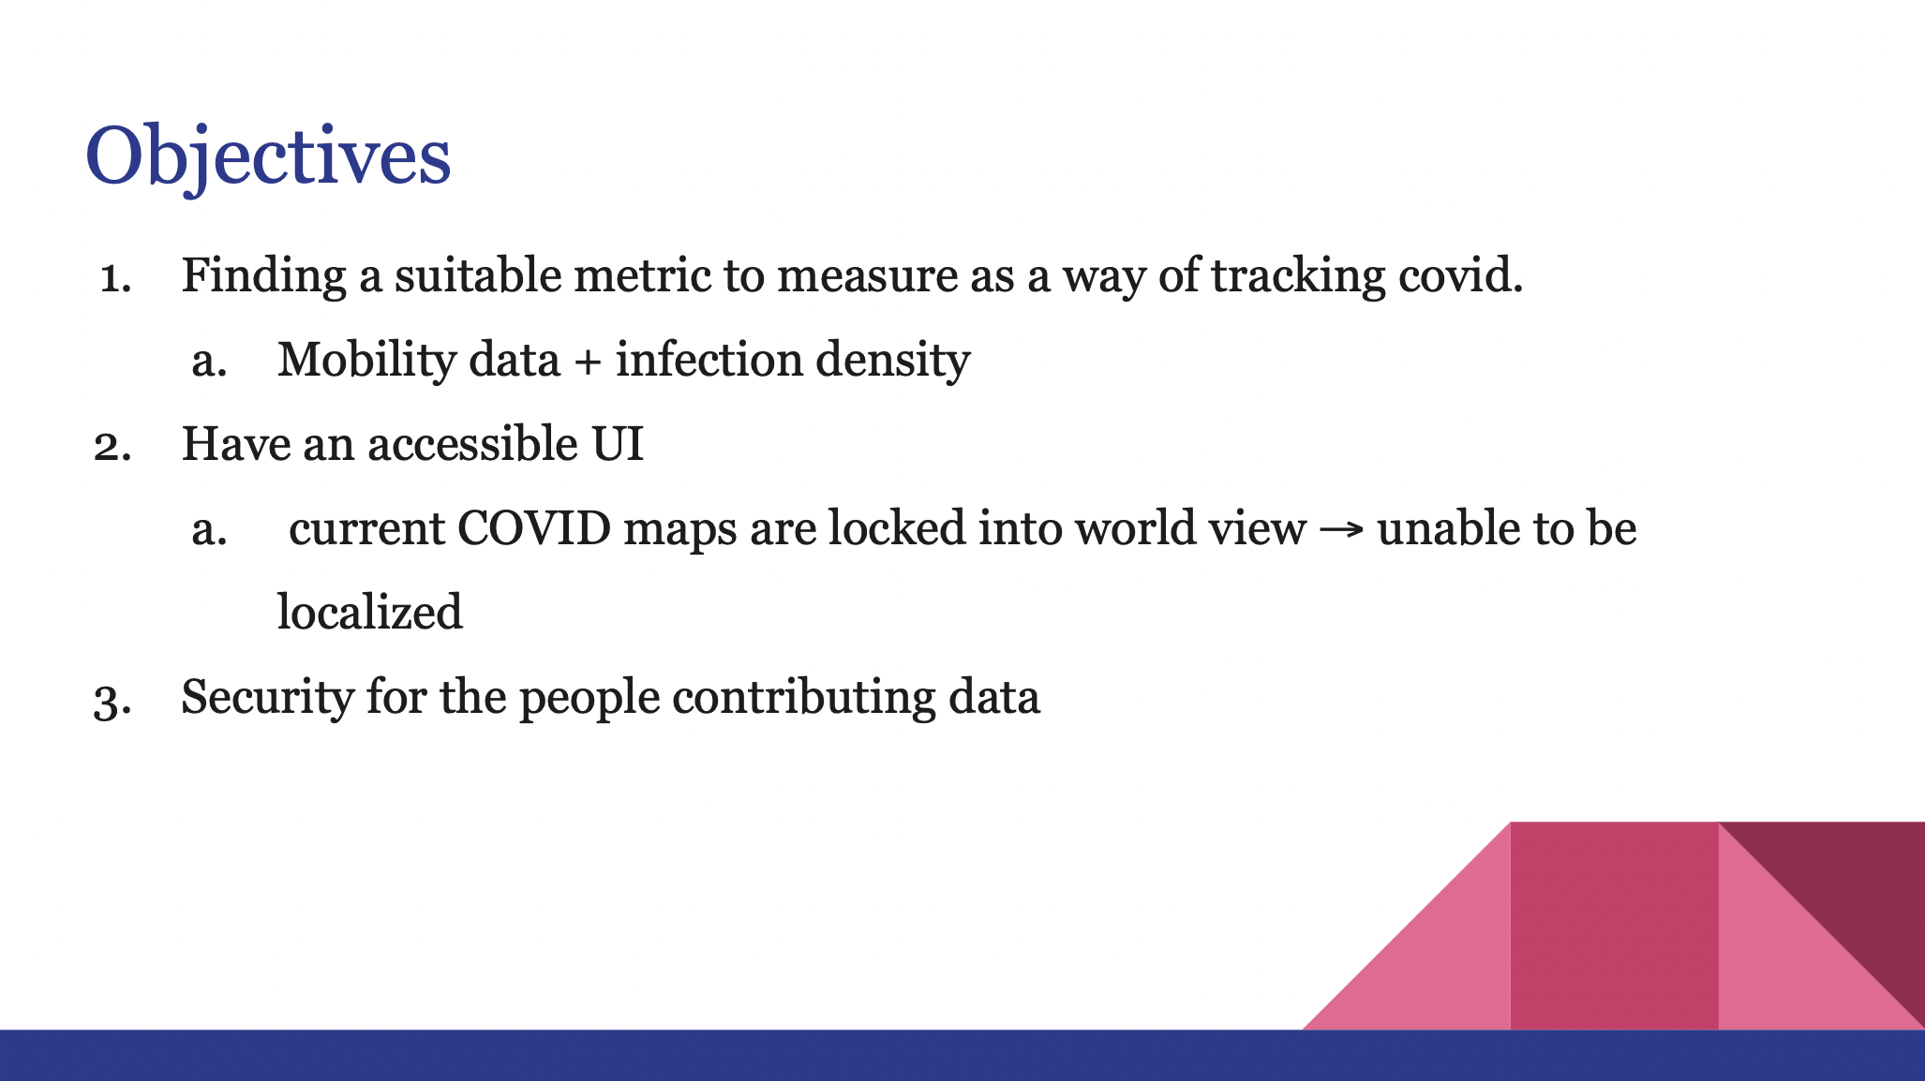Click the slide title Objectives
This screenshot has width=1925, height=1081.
268,157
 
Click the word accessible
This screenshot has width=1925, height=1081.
473,444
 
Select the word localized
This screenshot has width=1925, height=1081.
370,613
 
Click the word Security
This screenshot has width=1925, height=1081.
267,699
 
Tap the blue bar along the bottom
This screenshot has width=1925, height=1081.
962,1056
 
